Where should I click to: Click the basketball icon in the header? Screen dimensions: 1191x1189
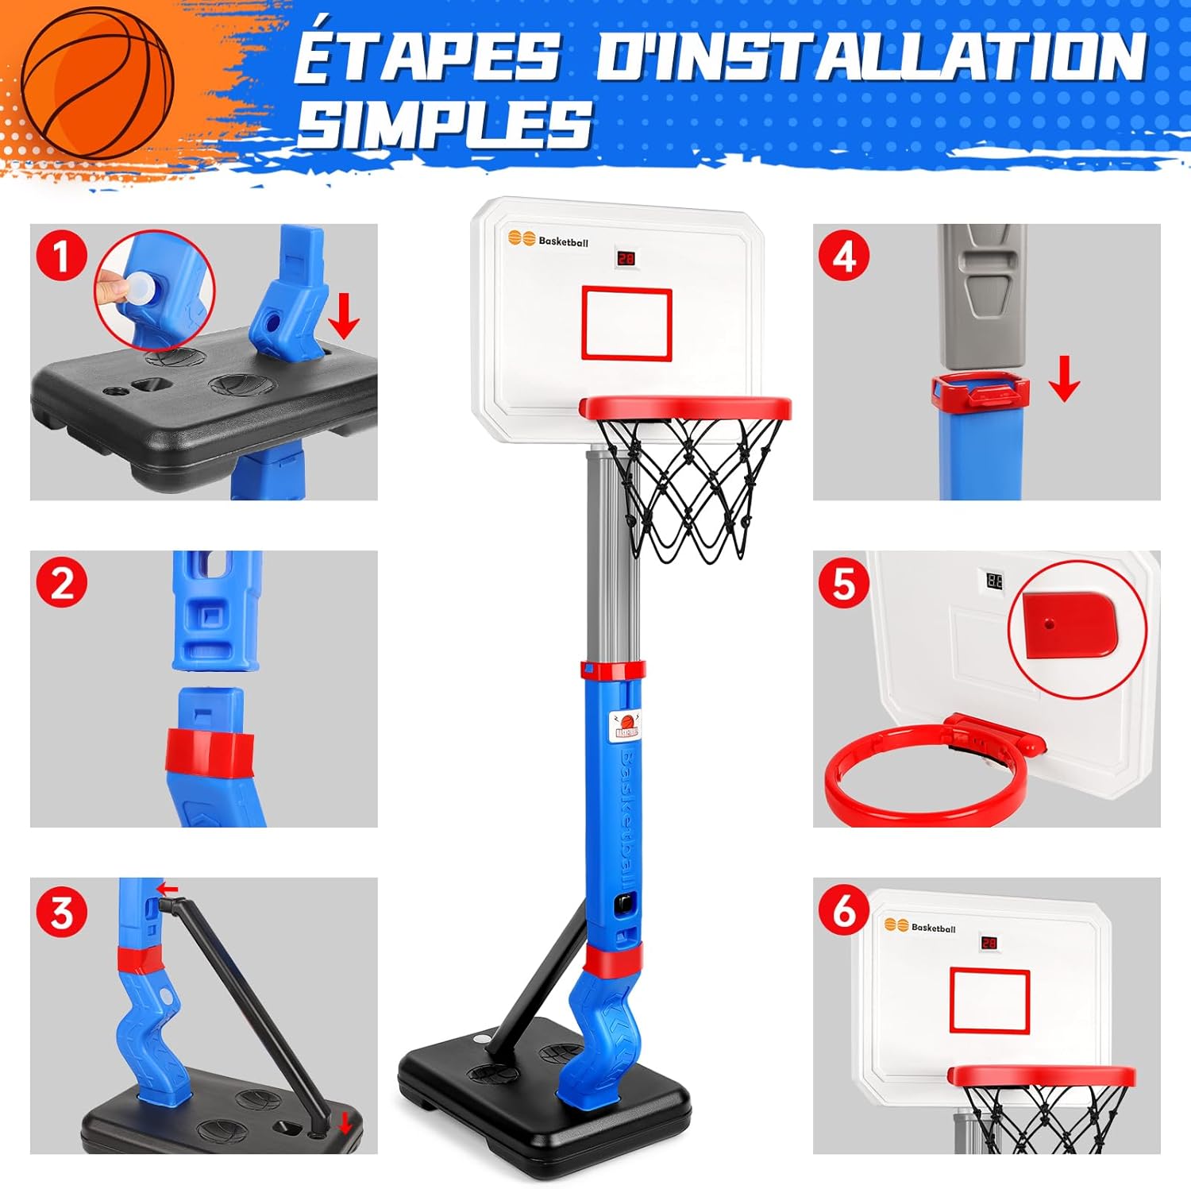[x=96, y=83]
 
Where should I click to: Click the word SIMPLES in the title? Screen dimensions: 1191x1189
[x=445, y=125]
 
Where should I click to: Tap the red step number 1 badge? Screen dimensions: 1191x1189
[x=61, y=257]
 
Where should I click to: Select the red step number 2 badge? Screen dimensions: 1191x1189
[x=62, y=584]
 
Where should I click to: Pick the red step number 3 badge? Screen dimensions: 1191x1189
[x=62, y=911]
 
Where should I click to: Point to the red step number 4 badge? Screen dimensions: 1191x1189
[x=844, y=257]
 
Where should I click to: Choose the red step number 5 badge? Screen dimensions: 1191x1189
[x=844, y=584]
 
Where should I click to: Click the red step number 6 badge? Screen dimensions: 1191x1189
[x=844, y=911]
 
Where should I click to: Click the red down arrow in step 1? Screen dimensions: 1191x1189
[x=344, y=316]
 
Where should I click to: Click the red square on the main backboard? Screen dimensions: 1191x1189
[x=626, y=323]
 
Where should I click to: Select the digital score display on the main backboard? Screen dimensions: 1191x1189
[x=626, y=259]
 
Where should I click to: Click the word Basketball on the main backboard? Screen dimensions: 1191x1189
[x=564, y=241]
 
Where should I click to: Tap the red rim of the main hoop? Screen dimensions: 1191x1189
[x=685, y=408]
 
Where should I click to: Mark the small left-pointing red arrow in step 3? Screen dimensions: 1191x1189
[x=168, y=888]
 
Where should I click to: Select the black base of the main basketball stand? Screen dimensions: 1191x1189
[x=545, y=1096]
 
